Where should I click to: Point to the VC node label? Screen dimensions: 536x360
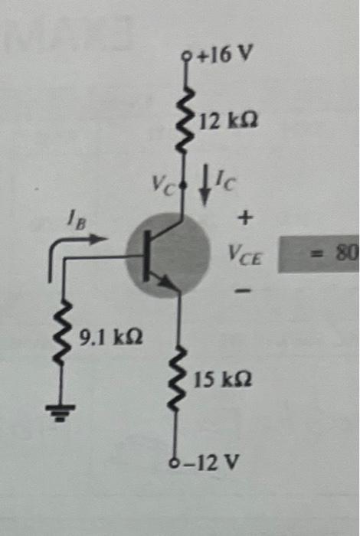tap(163, 185)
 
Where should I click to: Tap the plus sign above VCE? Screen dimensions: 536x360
tap(245, 220)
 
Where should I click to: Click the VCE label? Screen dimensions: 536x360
tap(246, 254)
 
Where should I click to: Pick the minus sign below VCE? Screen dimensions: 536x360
tap(244, 292)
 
